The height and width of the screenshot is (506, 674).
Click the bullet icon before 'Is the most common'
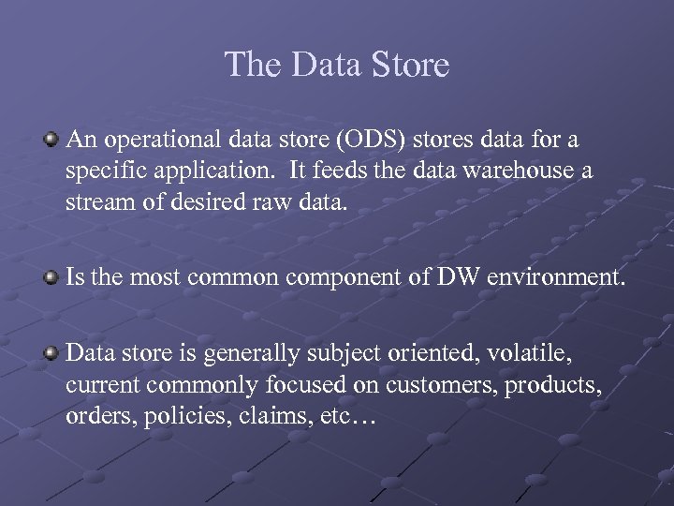[52, 276]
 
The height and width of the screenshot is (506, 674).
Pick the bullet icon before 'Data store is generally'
[52, 352]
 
